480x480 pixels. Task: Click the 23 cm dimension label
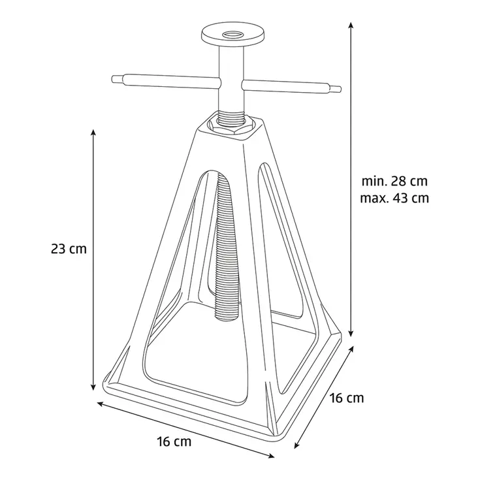coord(69,249)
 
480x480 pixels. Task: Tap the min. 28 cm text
coord(394,182)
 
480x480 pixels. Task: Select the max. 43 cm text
coord(394,198)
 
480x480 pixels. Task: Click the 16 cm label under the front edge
coord(174,441)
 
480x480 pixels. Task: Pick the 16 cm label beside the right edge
coord(347,398)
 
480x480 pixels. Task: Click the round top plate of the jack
coord(233,35)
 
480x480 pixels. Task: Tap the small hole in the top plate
coord(233,33)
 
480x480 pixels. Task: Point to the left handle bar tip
coord(112,79)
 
